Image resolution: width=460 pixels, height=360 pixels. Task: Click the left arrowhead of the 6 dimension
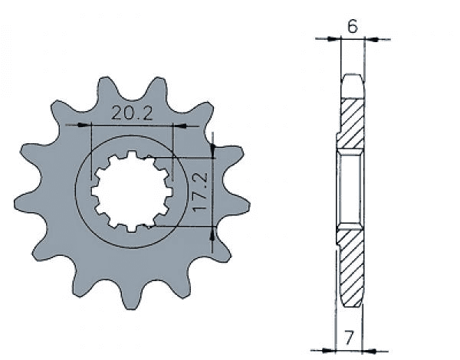(x=334, y=38)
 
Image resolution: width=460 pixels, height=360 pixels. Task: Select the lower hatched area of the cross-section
(x=353, y=268)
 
